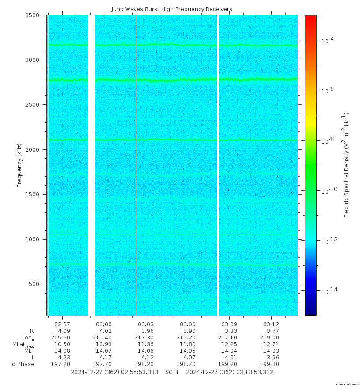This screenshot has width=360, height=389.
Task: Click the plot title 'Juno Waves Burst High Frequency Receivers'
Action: click(x=171, y=9)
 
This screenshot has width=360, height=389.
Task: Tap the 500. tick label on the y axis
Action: click(x=36, y=284)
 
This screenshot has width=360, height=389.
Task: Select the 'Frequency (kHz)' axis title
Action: click(x=19, y=165)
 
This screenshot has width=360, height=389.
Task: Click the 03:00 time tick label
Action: click(x=104, y=324)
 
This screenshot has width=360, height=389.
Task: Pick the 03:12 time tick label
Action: click(x=271, y=324)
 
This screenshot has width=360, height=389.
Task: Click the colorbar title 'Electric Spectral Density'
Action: click(x=346, y=165)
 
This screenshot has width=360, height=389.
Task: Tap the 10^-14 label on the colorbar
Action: click(x=328, y=291)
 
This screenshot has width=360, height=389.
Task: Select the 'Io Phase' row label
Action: click(x=23, y=364)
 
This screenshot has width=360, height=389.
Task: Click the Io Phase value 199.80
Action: click(x=271, y=364)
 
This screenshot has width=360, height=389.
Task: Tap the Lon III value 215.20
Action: click(x=188, y=338)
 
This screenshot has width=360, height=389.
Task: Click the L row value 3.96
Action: click(x=271, y=358)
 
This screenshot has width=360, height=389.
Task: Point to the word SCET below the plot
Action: click(x=172, y=372)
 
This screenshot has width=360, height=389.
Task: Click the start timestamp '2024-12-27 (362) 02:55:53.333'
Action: click(x=114, y=372)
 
